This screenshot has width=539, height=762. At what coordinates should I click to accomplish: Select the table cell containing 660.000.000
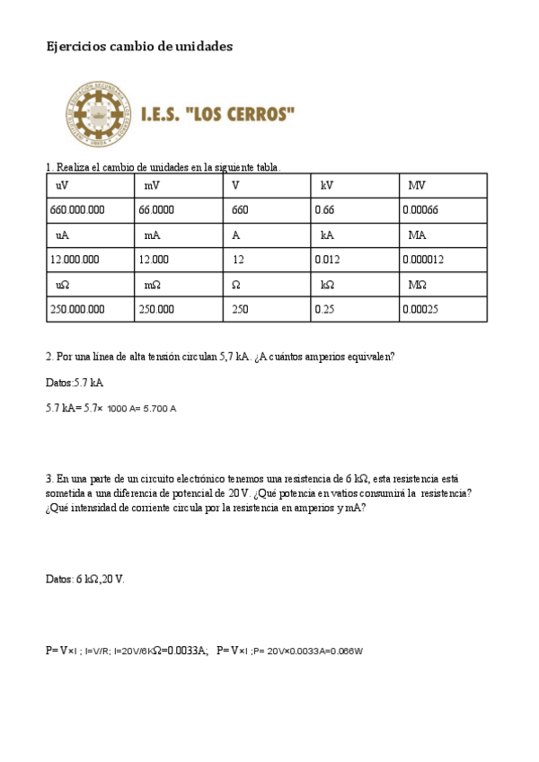coord(90,209)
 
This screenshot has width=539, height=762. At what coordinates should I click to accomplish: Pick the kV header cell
coord(355,185)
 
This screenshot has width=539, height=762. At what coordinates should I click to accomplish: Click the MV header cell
coord(443,185)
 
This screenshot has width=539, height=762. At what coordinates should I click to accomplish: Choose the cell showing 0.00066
coord(443,209)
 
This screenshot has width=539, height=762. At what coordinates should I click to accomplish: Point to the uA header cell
coord(90,235)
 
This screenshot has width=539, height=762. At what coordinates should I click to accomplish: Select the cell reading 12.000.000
coord(90,260)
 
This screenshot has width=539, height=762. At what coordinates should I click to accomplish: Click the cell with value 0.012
coord(355,260)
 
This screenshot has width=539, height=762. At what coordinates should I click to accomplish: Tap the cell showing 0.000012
coord(443,260)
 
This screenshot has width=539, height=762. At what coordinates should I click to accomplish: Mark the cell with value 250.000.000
coord(90,309)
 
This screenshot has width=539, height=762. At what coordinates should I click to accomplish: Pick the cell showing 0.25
coord(355,309)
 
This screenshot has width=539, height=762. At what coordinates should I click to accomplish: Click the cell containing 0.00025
coord(443,309)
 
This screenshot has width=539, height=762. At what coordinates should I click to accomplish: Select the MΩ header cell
coord(443,285)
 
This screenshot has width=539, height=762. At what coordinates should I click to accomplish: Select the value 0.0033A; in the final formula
coord(190,650)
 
